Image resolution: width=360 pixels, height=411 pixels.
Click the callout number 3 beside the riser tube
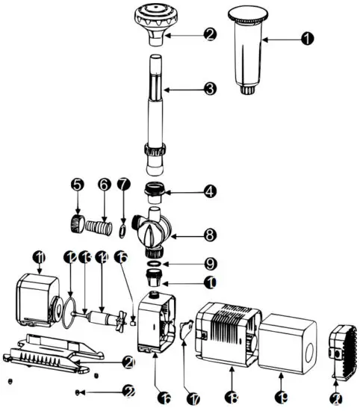pos(211,89)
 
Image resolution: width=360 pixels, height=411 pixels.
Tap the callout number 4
pos(211,191)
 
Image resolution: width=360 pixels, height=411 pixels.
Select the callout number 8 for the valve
pos(211,235)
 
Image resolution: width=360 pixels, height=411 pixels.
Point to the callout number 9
pos(211,265)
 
